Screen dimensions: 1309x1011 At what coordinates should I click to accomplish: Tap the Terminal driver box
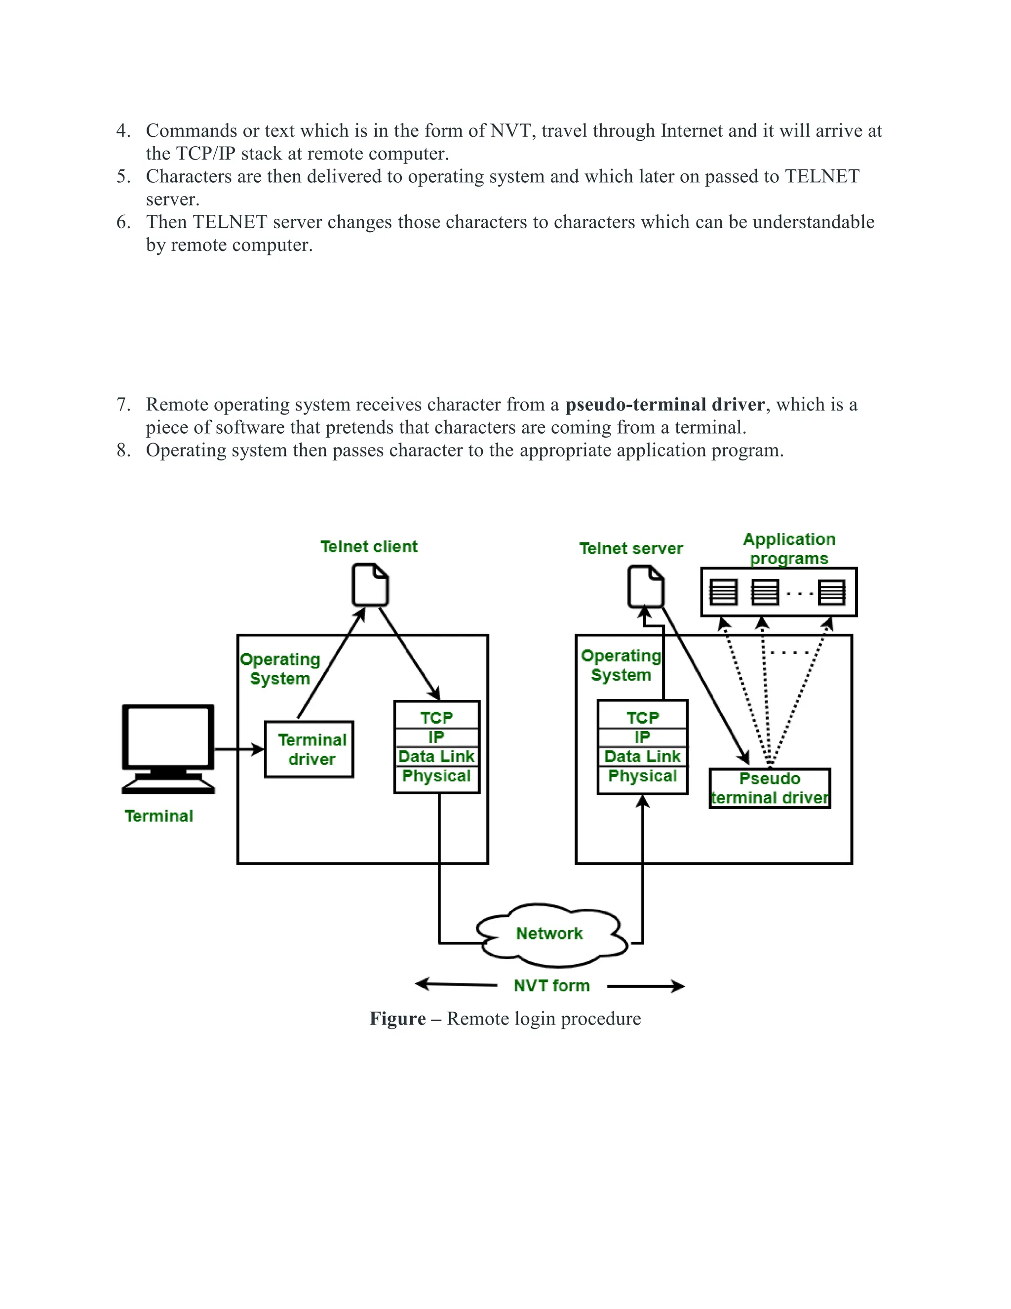pos(309,749)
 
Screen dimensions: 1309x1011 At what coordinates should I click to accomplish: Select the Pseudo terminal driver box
pos(770,788)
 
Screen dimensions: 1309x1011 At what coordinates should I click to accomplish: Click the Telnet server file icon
pos(646,587)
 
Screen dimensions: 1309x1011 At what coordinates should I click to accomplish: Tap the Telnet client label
pos(369,547)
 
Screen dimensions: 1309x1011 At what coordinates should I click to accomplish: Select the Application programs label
pos(789,548)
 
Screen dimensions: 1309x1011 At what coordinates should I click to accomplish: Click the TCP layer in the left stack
pos(436,717)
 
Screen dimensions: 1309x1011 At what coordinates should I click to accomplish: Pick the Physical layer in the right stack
pos(642,776)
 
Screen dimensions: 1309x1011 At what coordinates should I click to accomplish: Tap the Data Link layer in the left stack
pos(436,756)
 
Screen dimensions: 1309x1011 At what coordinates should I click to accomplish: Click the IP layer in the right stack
pos(642,736)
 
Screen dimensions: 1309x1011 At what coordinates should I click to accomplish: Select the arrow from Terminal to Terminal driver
pos(239,749)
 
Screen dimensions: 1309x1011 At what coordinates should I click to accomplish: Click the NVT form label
pos(551,985)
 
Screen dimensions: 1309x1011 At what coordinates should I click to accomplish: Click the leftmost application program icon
pos(723,592)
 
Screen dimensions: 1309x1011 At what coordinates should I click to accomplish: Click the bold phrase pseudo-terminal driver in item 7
pos(665,405)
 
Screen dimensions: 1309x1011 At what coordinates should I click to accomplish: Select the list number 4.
pos(122,131)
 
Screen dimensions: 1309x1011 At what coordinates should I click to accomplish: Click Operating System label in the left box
pos(280,668)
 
